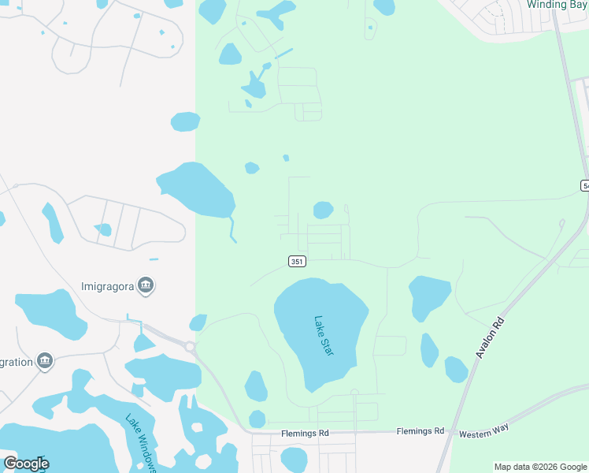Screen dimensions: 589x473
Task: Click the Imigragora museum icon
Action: point(145,285)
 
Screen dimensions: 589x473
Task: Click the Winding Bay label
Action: point(556,5)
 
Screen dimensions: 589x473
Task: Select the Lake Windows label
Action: point(140,444)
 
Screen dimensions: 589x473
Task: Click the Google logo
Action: point(26,464)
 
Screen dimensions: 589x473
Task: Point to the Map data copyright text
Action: point(540,467)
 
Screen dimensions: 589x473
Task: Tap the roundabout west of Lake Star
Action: point(190,346)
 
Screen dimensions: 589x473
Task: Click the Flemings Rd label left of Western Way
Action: point(420,431)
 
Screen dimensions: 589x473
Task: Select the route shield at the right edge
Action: point(585,185)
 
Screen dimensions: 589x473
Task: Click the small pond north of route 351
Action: point(323,210)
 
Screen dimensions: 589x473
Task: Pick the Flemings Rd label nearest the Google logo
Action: point(303,434)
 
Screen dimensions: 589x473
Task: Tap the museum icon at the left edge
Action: point(45,362)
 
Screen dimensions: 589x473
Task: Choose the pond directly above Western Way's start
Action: point(456,369)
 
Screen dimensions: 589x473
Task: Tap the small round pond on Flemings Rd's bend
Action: point(257,419)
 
